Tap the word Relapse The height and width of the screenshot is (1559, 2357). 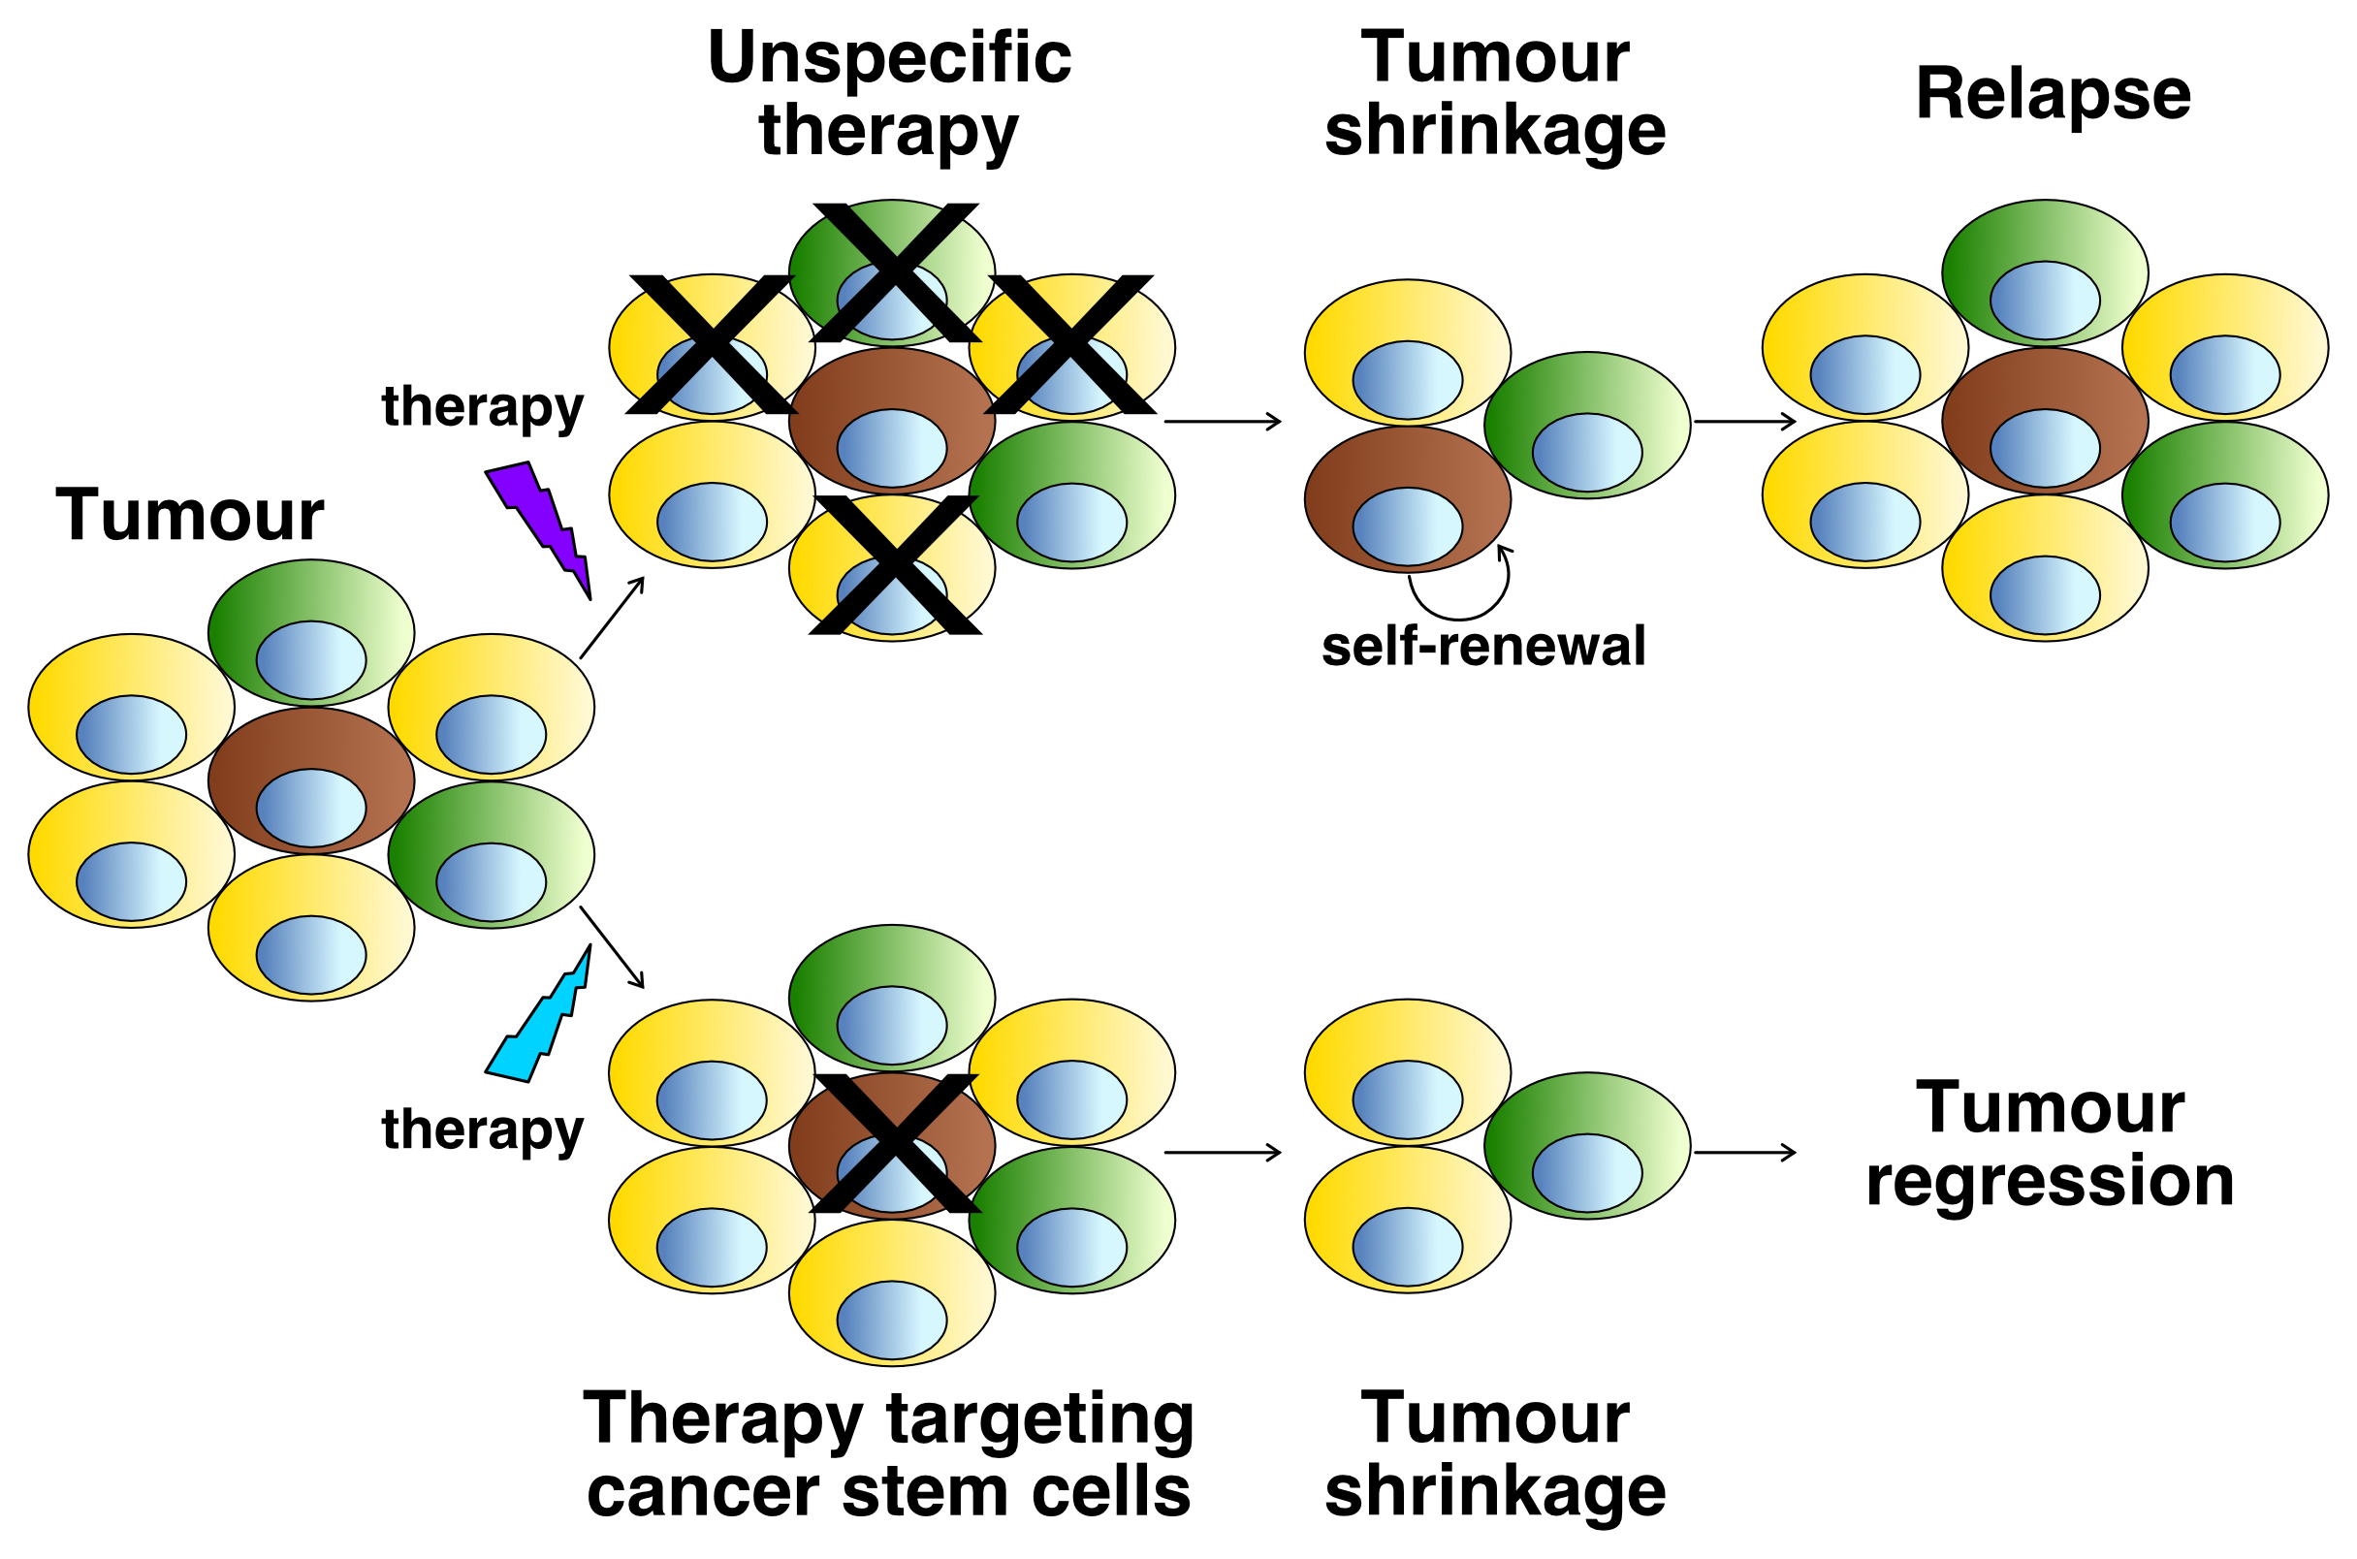(x=2052, y=94)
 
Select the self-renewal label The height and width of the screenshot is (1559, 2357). (x=1483, y=647)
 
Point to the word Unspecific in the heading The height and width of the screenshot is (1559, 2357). (x=889, y=57)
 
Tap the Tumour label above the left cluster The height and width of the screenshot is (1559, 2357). (x=189, y=516)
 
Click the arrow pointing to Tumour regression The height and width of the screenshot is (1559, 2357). (x=1743, y=1153)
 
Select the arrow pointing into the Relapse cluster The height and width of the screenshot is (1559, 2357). (x=1743, y=422)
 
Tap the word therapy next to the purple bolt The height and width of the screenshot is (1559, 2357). (x=482, y=406)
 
